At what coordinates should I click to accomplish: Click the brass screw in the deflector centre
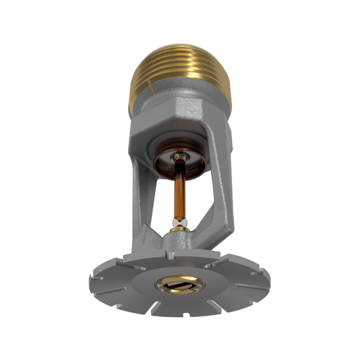click(181, 284)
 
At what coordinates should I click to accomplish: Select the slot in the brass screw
click(181, 285)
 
